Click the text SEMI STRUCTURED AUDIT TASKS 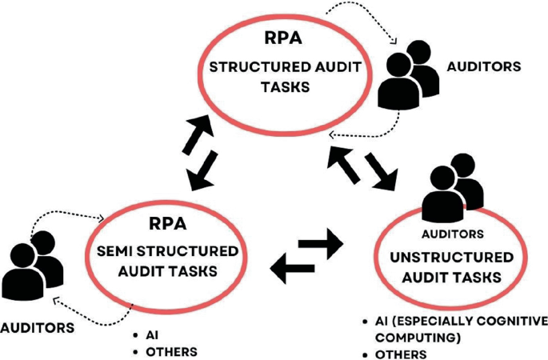(x=167, y=261)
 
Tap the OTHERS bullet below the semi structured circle (x=170, y=351)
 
